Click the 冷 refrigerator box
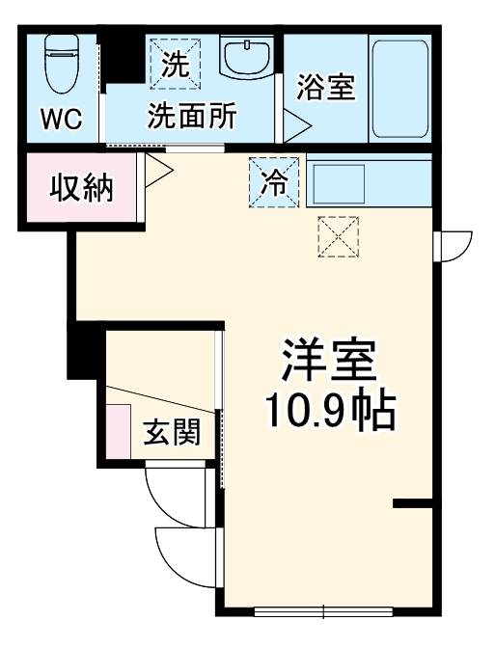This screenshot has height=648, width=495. [275, 181]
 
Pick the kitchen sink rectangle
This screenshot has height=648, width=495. [337, 182]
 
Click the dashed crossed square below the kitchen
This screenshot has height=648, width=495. [338, 237]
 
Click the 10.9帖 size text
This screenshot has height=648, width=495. [329, 413]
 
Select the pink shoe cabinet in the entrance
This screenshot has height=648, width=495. [119, 431]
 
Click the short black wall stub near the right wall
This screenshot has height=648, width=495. [411, 503]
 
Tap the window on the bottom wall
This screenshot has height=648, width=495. [323, 610]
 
